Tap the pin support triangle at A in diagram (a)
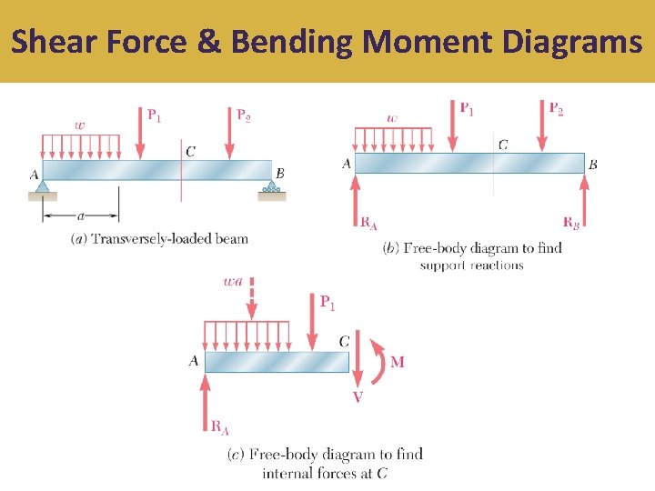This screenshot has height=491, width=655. (43, 188)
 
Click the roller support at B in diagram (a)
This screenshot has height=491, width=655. (271, 189)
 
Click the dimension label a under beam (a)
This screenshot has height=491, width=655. (83, 216)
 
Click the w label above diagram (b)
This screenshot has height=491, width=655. (392, 117)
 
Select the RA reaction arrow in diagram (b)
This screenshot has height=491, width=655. (356, 196)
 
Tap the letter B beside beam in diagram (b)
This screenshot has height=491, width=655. (593, 165)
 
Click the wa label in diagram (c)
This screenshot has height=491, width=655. (233, 282)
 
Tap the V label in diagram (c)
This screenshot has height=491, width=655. (357, 397)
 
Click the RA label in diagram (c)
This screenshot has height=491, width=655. (219, 426)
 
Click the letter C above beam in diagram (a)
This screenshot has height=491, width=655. (190, 152)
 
